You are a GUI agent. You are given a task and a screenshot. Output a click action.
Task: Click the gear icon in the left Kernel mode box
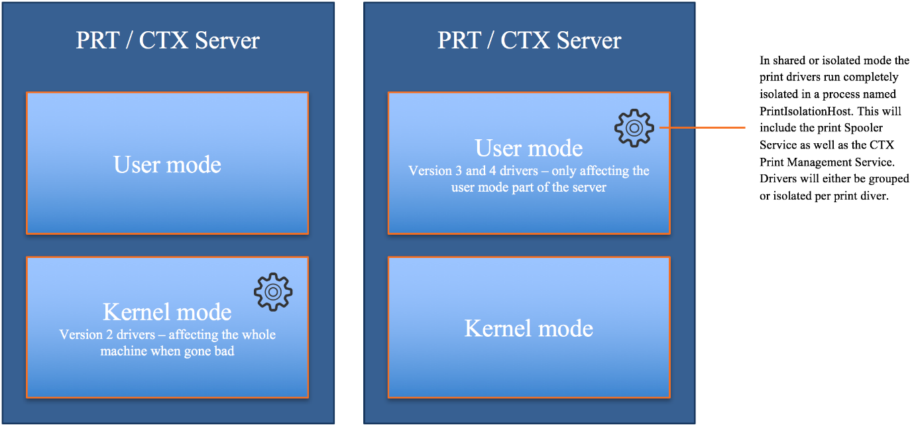pos(273,292)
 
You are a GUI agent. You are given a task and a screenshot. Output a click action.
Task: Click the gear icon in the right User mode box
pos(634,128)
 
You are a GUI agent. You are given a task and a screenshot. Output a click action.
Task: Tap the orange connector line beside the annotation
pos(702,128)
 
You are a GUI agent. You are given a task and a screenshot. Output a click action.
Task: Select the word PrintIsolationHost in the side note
pos(806,111)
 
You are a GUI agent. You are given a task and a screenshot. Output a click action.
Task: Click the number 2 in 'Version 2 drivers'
pos(109,335)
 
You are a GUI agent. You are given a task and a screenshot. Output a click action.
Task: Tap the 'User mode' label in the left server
pos(167,164)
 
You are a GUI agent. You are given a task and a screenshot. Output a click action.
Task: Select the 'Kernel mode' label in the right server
pos(529,328)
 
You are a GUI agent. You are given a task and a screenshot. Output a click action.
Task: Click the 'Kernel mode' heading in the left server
pos(167,312)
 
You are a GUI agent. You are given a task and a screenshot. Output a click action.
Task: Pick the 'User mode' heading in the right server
pos(529,148)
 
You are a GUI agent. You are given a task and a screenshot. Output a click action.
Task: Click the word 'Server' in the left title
pos(227,40)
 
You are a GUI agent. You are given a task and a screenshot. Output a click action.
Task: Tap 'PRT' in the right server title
pos(459,40)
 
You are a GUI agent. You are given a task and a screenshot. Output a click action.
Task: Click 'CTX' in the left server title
pos(164,40)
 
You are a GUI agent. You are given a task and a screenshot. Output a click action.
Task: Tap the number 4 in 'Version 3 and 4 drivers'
pos(492,170)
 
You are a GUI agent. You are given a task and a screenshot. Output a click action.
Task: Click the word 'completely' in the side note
pos(871,77)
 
